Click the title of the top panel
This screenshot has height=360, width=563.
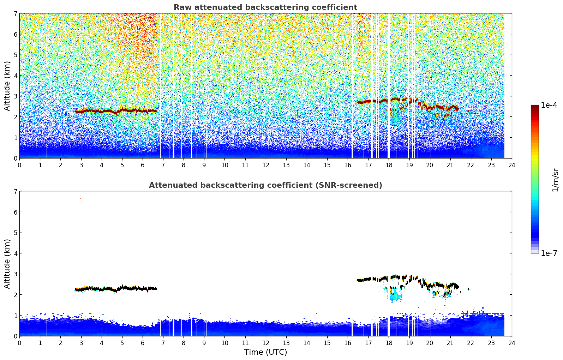(x=265, y=7)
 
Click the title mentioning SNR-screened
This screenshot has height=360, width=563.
(x=265, y=185)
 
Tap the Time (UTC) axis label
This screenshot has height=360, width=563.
(x=265, y=352)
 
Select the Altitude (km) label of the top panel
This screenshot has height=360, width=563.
(x=7, y=86)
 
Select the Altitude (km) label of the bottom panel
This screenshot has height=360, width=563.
(x=7, y=264)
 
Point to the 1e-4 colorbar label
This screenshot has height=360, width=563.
(x=549, y=105)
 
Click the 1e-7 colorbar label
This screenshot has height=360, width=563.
(x=549, y=253)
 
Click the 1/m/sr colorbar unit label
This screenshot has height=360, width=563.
(x=555, y=180)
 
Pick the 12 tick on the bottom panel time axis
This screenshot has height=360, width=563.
(x=265, y=343)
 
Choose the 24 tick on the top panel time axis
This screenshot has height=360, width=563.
(x=511, y=165)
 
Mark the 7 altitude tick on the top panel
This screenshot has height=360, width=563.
(x=16, y=14)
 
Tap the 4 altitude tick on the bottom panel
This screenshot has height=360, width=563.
(x=16, y=253)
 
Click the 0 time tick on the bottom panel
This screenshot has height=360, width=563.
(x=19, y=343)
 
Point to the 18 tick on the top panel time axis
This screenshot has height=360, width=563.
(x=389, y=165)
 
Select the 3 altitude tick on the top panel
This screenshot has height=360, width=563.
(x=16, y=96)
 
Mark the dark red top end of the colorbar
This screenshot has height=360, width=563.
(x=534, y=106)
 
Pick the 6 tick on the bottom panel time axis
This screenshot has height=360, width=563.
(x=143, y=343)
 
